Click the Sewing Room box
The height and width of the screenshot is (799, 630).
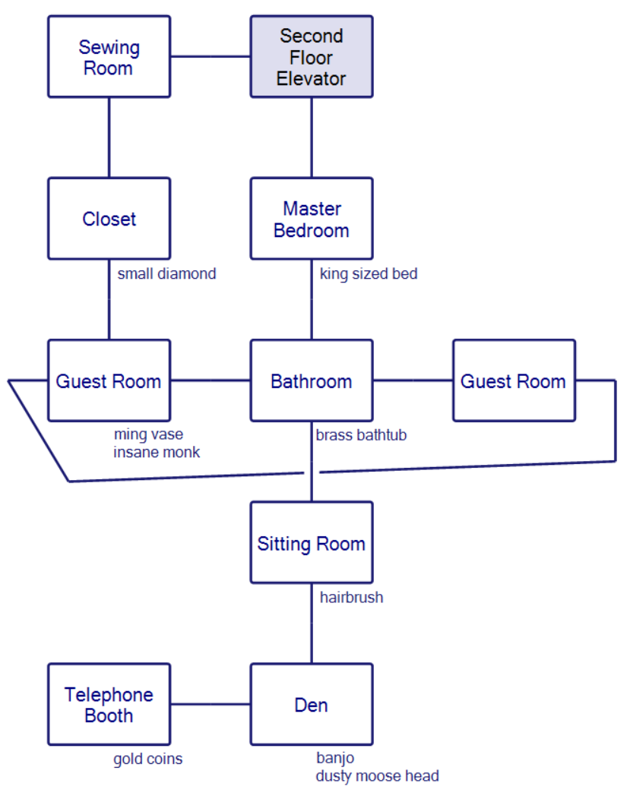(109, 57)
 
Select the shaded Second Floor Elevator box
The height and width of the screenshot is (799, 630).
(312, 57)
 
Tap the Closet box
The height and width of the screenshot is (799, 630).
(109, 219)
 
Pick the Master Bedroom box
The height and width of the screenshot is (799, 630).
(312, 219)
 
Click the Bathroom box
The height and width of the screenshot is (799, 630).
(312, 381)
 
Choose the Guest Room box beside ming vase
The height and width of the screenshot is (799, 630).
(109, 381)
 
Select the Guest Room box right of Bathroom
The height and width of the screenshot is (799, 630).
(514, 381)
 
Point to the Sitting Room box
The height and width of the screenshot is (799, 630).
(312, 542)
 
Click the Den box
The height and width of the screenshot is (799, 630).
(312, 704)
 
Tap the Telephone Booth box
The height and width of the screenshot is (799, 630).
(109, 704)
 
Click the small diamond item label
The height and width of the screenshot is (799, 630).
(166, 273)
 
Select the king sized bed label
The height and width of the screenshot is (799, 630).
(369, 273)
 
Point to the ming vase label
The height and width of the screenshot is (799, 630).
(148, 435)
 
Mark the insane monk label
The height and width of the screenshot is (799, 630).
(157, 452)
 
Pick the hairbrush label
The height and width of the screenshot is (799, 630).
(351, 597)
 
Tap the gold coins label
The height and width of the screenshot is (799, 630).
(148, 759)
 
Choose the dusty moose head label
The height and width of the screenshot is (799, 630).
(378, 775)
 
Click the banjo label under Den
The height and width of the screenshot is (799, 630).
(335, 758)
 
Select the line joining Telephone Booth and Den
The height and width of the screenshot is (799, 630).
(211, 704)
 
